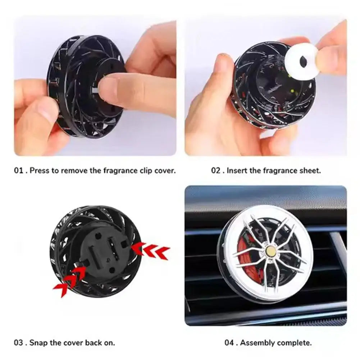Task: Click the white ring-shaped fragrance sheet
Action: [x=303, y=61]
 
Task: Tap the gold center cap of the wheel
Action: [x=272, y=251]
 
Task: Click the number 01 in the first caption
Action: [x=18, y=170]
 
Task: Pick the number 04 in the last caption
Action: [x=229, y=342]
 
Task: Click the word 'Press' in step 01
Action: [x=40, y=170]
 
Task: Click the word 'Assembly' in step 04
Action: [x=256, y=342]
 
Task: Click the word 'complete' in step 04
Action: [x=293, y=342]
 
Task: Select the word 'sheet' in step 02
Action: [x=310, y=170]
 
